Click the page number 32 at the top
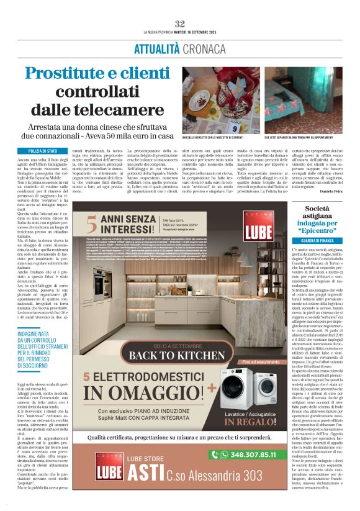point(180,24)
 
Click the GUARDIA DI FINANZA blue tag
point(318,240)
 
